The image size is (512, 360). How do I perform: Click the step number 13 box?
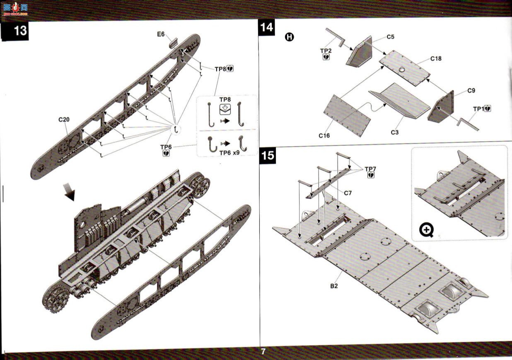[x=15, y=31]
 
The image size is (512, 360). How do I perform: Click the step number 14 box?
[x=266, y=27]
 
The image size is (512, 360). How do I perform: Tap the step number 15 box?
[x=268, y=156]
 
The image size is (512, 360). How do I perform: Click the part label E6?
[x=161, y=34]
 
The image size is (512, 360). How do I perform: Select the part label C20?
[x=64, y=120]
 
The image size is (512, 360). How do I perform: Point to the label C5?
[x=390, y=37]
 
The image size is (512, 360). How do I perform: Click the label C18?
[x=436, y=59]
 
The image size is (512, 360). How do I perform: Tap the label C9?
[x=471, y=90]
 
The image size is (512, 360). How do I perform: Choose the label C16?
[x=324, y=136]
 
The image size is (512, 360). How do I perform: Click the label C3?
[x=394, y=132]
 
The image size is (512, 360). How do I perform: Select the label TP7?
[x=370, y=169]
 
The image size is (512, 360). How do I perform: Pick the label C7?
[x=348, y=193]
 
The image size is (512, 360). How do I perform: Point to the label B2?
[x=334, y=286]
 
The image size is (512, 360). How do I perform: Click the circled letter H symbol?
[x=290, y=37]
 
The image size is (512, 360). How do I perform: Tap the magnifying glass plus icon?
[x=427, y=230]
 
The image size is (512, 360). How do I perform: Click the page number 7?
[x=263, y=351]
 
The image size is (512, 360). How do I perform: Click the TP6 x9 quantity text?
[x=229, y=153]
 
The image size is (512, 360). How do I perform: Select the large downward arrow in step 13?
[x=70, y=191]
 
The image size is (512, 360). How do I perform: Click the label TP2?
[x=326, y=51]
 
